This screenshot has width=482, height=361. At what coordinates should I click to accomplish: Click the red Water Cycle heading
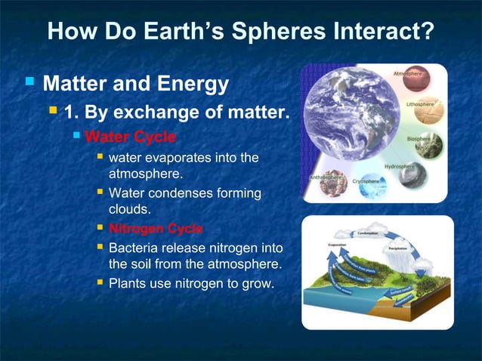click(130, 137)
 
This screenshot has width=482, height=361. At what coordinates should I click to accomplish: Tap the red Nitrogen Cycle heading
click(156, 228)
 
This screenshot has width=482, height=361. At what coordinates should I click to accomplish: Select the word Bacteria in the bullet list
click(134, 248)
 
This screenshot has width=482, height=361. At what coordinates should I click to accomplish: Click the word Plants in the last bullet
click(128, 284)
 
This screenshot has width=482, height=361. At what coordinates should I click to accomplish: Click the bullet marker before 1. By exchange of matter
click(53, 112)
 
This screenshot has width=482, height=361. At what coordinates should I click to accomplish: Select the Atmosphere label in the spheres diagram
click(407, 74)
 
